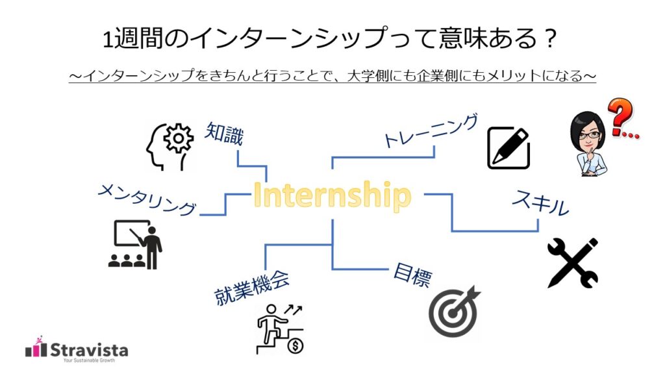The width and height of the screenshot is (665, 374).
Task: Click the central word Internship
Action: (332, 195)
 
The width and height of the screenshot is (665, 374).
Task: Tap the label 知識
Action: (224, 133)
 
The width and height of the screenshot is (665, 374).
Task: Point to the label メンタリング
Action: (147, 199)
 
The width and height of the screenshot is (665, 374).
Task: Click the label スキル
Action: (540, 204)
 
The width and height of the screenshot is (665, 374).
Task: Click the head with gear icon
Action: (169, 147)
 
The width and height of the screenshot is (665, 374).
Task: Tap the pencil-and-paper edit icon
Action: (508, 148)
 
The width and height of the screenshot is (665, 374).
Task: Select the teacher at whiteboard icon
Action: (136, 244)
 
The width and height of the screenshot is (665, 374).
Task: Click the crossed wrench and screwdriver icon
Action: (572, 262)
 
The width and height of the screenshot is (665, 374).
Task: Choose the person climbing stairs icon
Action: (281, 330)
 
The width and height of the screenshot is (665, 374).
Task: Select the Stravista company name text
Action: (90, 349)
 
